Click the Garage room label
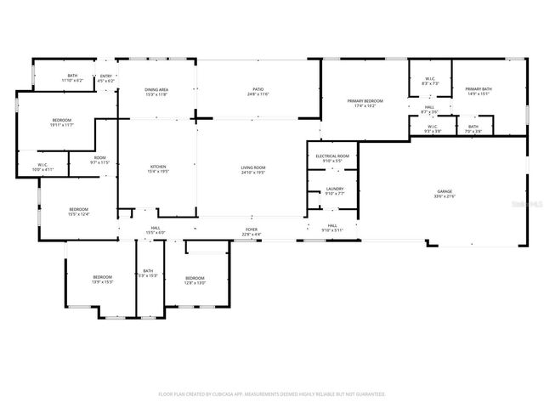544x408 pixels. [x=445, y=193]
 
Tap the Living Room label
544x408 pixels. [x=253, y=167]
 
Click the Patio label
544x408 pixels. [x=258, y=89]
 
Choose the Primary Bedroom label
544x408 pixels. [x=365, y=101]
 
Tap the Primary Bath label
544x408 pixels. [x=479, y=89]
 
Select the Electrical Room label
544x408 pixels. [x=332, y=156]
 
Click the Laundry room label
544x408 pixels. [x=334, y=189]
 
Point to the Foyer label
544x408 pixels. [x=252, y=229]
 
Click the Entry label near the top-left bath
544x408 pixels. [x=106, y=76]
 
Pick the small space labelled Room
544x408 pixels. [x=99, y=157]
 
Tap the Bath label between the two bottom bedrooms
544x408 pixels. [x=148, y=271]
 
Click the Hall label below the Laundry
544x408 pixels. [x=331, y=226]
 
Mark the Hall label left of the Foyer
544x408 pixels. [x=156, y=228]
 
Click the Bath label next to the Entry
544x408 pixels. [x=72, y=76]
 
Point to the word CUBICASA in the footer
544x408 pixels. [x=240, y=394]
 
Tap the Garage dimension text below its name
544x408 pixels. [x=445, y=198]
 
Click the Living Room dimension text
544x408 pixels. [x=253, y=173]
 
